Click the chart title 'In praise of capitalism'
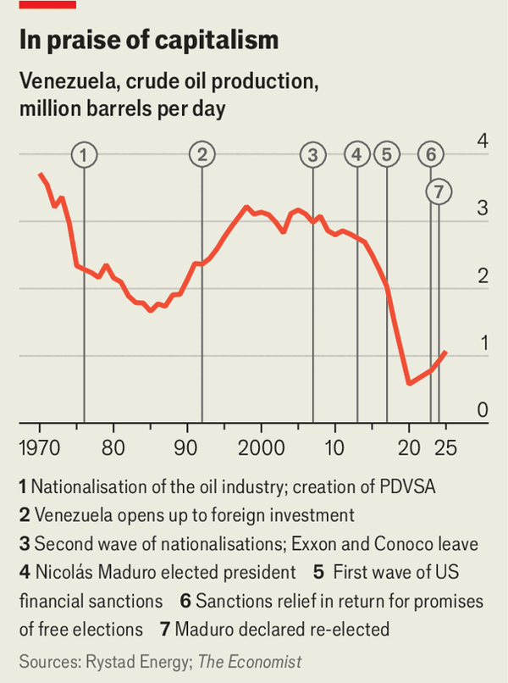point(148,40)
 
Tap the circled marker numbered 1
point(84,155)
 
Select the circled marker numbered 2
point(202,155)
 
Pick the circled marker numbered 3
point(313,155)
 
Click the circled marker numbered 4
point(357,155)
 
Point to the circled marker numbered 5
point(387,155)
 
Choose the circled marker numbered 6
point(431,155)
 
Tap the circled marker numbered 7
point(438,192)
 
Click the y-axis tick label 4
point(483,141)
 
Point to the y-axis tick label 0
point(483,410)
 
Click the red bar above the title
point(47,4)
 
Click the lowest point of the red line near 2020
point(409,384)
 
